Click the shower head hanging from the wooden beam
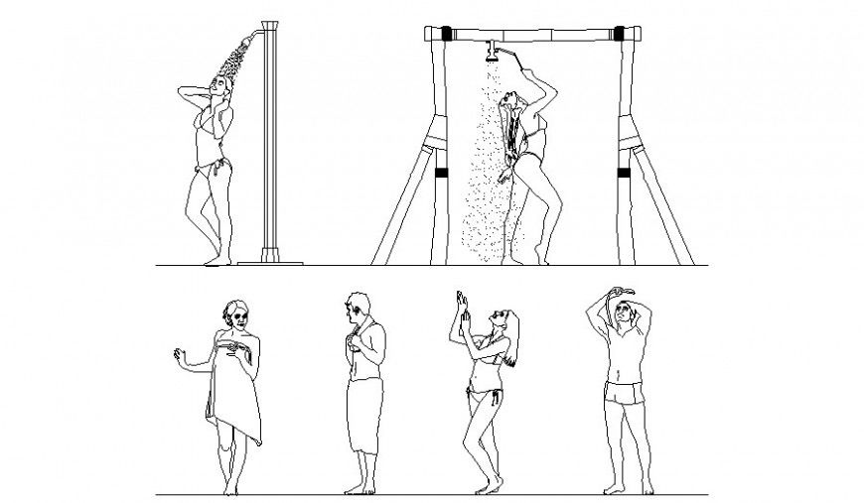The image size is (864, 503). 490,50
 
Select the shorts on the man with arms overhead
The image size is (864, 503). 623,395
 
